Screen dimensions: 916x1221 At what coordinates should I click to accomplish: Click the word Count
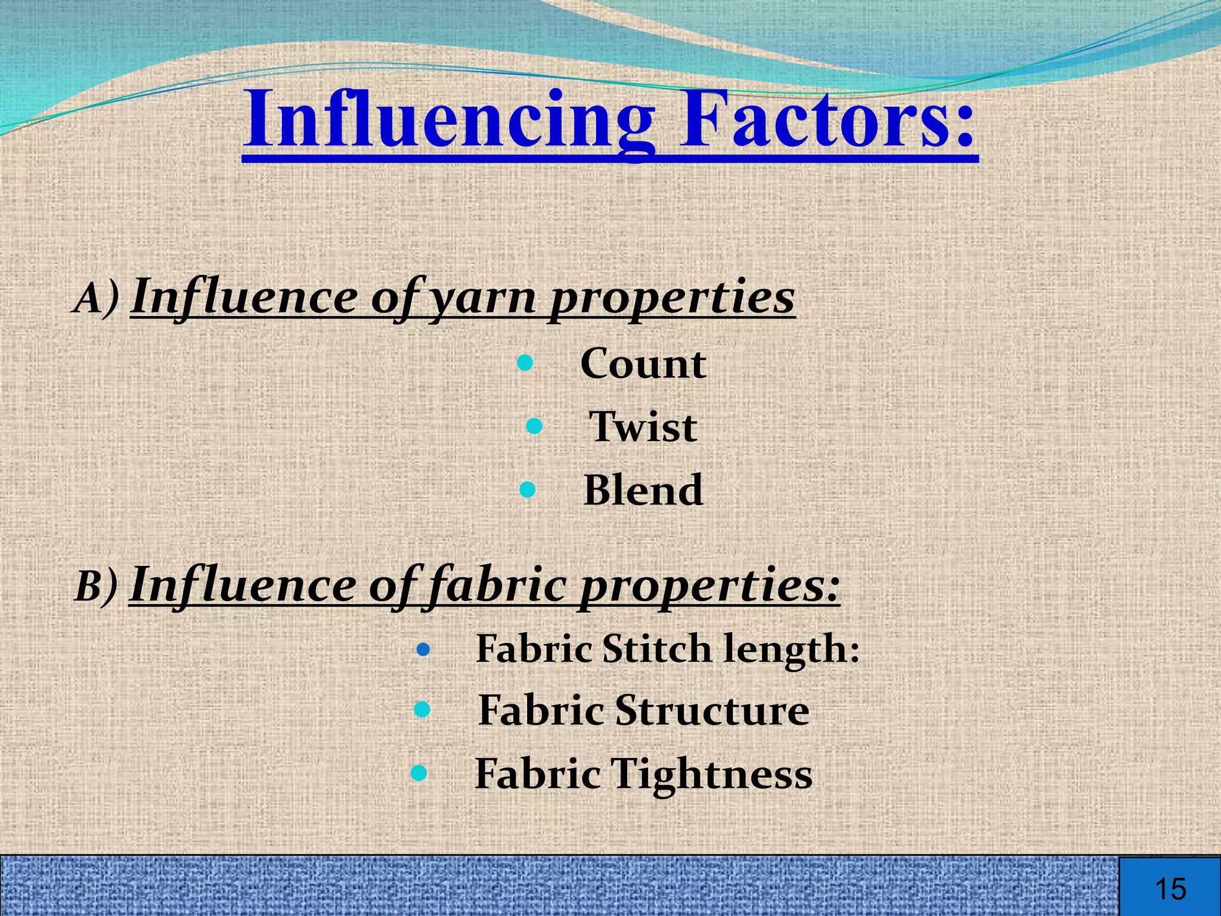pyautogui.click(x=643, y=364)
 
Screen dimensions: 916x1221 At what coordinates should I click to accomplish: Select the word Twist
pyautogui.click(x=643, y=427)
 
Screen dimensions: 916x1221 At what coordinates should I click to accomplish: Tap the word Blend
pyautogui.click(x=643, y=490)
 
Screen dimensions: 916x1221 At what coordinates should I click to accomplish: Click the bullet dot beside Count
pyautogui.click(x=525, y=363)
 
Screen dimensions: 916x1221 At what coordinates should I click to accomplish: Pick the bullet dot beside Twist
pyautogui.click(x=534, y=426)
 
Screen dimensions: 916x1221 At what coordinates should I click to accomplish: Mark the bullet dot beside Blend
pyautogui.click(x=528, y=490)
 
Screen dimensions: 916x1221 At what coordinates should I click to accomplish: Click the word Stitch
pyautogui.click(x=656, y=648)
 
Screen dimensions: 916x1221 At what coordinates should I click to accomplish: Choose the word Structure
pyautogui.click(x=712, y=710)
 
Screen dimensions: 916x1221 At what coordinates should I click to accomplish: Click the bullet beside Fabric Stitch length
pyautogui.click(x=423, y=649)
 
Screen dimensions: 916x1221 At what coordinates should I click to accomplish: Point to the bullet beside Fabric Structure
pyautogui.click(x=422, y=710)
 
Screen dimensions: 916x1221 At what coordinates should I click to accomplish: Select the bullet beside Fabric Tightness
pyautogui.click(x=419, y=773)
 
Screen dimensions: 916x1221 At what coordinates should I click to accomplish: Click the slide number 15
pyautogui.click(x=1170, y=889)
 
